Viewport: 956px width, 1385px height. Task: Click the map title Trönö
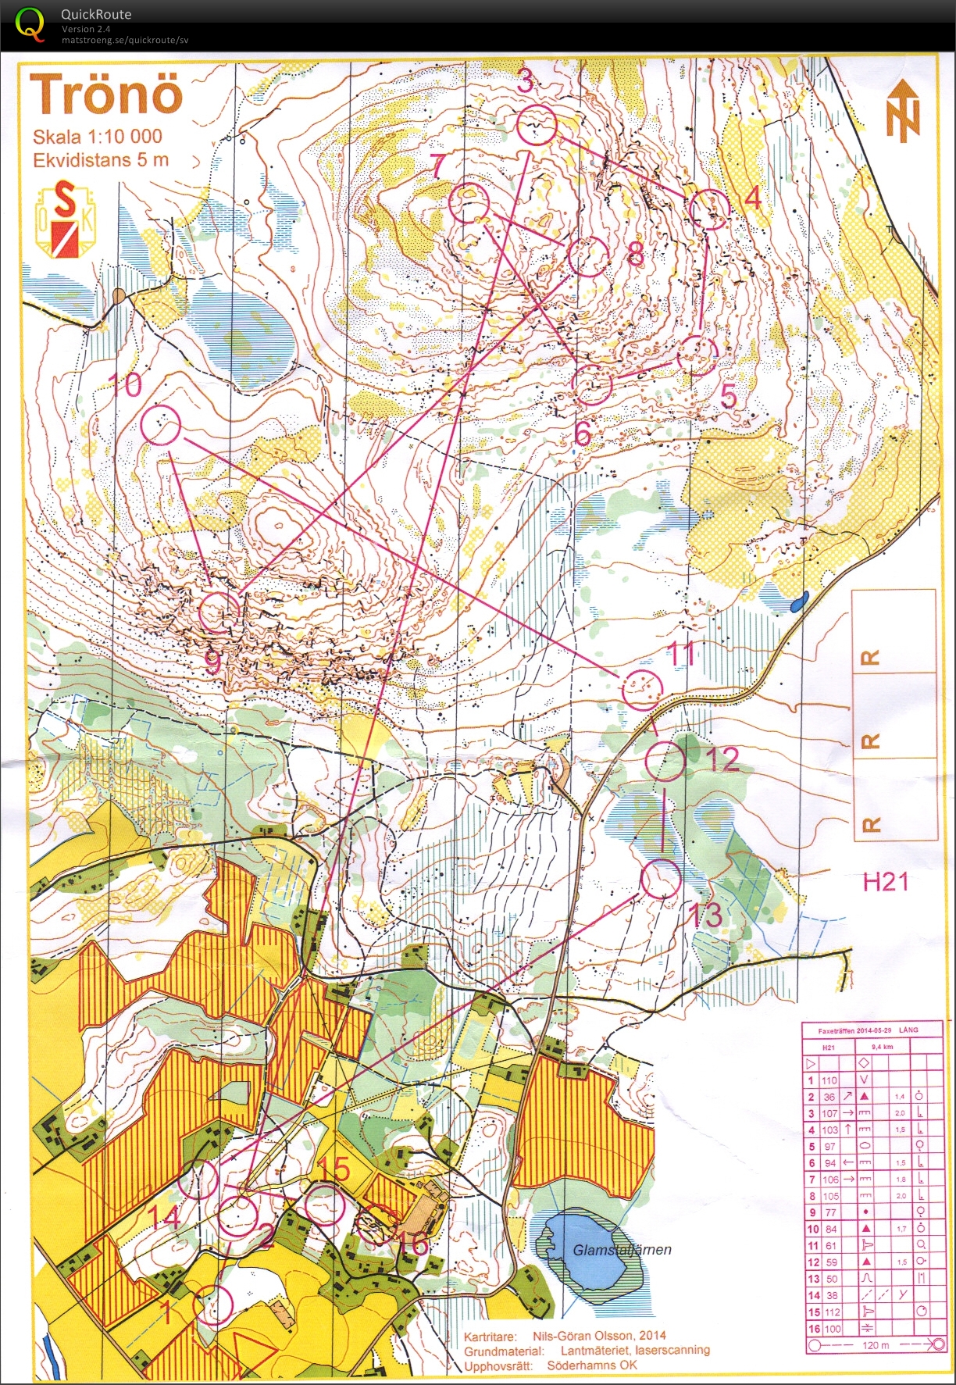106,95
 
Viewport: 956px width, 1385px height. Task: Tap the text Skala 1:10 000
97,137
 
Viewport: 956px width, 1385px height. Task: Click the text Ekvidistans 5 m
100,160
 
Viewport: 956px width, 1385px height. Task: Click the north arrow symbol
903,111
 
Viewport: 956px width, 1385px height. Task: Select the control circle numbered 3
537,124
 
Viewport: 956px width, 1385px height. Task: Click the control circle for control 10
162,426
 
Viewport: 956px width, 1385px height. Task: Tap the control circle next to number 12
665,762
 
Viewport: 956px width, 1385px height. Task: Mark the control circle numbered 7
469,202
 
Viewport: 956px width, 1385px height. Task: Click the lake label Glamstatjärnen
622,1249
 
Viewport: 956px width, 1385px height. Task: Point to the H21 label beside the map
886,882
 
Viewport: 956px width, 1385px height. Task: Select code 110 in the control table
829,1080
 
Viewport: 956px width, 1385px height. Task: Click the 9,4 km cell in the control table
882,1047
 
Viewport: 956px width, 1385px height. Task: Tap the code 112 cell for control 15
831,1312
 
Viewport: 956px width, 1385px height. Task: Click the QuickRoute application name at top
96,14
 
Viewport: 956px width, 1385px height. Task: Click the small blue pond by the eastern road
797,602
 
